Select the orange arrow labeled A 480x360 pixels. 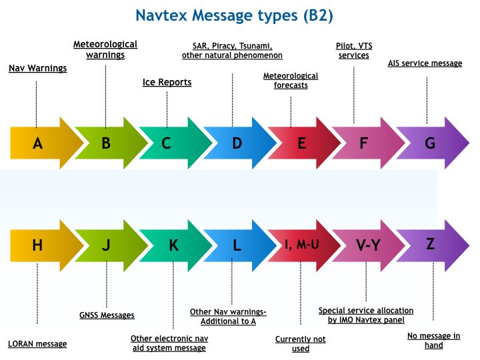click(39, 143)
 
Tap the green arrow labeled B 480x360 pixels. click(106, 143)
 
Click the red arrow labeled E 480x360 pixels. click(301, 143)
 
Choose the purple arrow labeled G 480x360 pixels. click(431, 143)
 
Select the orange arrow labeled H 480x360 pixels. click(39, 245)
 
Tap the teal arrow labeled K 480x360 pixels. click(173, 245)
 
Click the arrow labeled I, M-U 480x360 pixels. click(302, 245)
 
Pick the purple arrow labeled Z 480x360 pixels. click(431, 244)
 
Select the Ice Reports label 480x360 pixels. click(167, 83)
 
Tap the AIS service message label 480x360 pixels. click(425, 63)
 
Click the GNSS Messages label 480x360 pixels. click(107, 315)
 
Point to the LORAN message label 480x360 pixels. click(37, 344)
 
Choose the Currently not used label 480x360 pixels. click(301, 343)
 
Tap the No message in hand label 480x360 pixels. click(433, 341)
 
